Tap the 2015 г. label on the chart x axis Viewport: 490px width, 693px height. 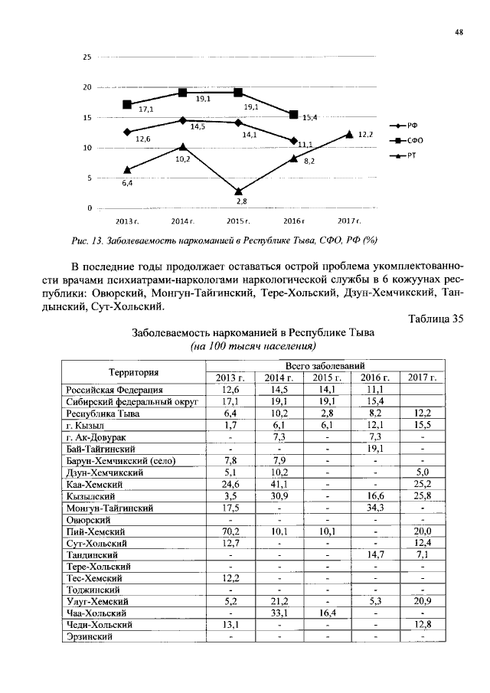[x=240, y=221]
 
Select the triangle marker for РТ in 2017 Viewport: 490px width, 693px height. [x=349, y=134]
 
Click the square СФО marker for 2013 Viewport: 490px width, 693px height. [x=127, y=104]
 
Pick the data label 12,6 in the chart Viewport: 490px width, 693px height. [x=142, y=139]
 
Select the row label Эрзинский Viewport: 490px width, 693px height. [x=90, y=636]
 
